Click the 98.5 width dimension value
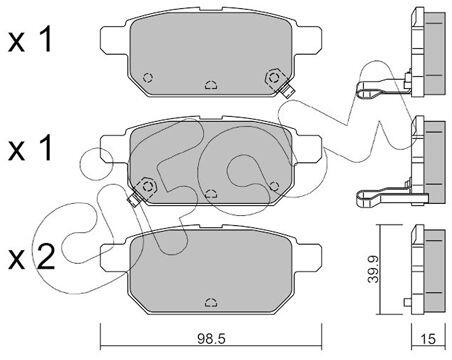(x=211, y=339)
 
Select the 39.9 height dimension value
(x=373, y=269)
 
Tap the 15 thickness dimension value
(x=428, y=339)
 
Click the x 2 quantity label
(x=31, y=256)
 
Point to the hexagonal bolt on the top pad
(x=274, y=78)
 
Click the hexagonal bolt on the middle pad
(x=148, y=186)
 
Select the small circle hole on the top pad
(x=148, y=78)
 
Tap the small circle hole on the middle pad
(x=274, y=186)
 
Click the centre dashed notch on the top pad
(x=211, y=85)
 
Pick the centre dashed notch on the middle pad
(x=211, y=193)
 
